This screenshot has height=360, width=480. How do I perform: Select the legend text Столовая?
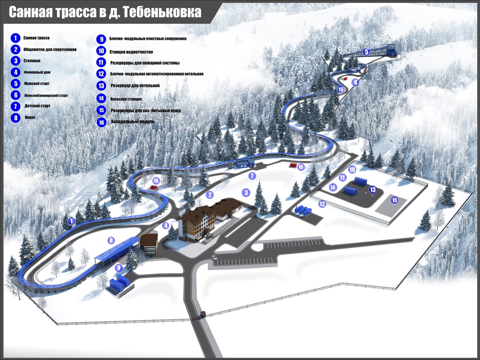[32, 61]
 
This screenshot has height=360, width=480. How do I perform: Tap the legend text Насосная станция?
[126, 99]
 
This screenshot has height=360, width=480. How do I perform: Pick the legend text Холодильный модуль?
[132, 122]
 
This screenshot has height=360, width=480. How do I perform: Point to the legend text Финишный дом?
[37, 72]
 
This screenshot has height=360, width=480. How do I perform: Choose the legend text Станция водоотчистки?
[131, 52]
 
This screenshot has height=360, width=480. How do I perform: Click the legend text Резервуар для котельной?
[135, 86]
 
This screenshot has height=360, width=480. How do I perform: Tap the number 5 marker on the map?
[366, 52]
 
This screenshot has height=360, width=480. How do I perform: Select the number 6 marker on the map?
[355, 82]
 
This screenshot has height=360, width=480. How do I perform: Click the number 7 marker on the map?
[252, 175]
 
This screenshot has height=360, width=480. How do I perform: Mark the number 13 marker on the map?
[372, 190]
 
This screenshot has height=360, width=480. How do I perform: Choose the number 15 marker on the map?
[394, 200]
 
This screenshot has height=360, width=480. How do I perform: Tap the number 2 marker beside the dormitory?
[210, 194]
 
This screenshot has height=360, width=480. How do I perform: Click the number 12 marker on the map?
[322, 204]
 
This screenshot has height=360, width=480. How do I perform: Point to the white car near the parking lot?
[214, 258]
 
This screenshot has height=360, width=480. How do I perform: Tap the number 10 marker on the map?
[352, 170]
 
